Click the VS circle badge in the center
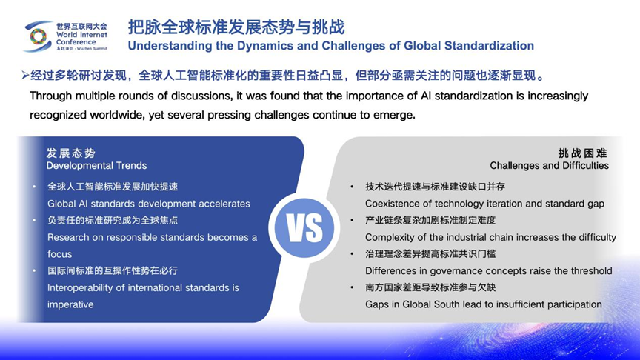[x=304, y=228]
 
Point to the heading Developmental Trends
[x=96, y=166]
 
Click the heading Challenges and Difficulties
[x=549, y=165]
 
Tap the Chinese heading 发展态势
[x=70, y=153]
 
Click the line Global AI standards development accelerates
[x=148, y=204]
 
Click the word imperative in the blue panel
[x=70, y=304]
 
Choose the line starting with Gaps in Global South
[x=483, y=304]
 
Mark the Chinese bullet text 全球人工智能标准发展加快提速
[x=113, y=187]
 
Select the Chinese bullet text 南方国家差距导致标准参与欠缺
[x=430, y=287]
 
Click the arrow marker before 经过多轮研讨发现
[x=25, y=76]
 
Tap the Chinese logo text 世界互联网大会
[x=81, y=26]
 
